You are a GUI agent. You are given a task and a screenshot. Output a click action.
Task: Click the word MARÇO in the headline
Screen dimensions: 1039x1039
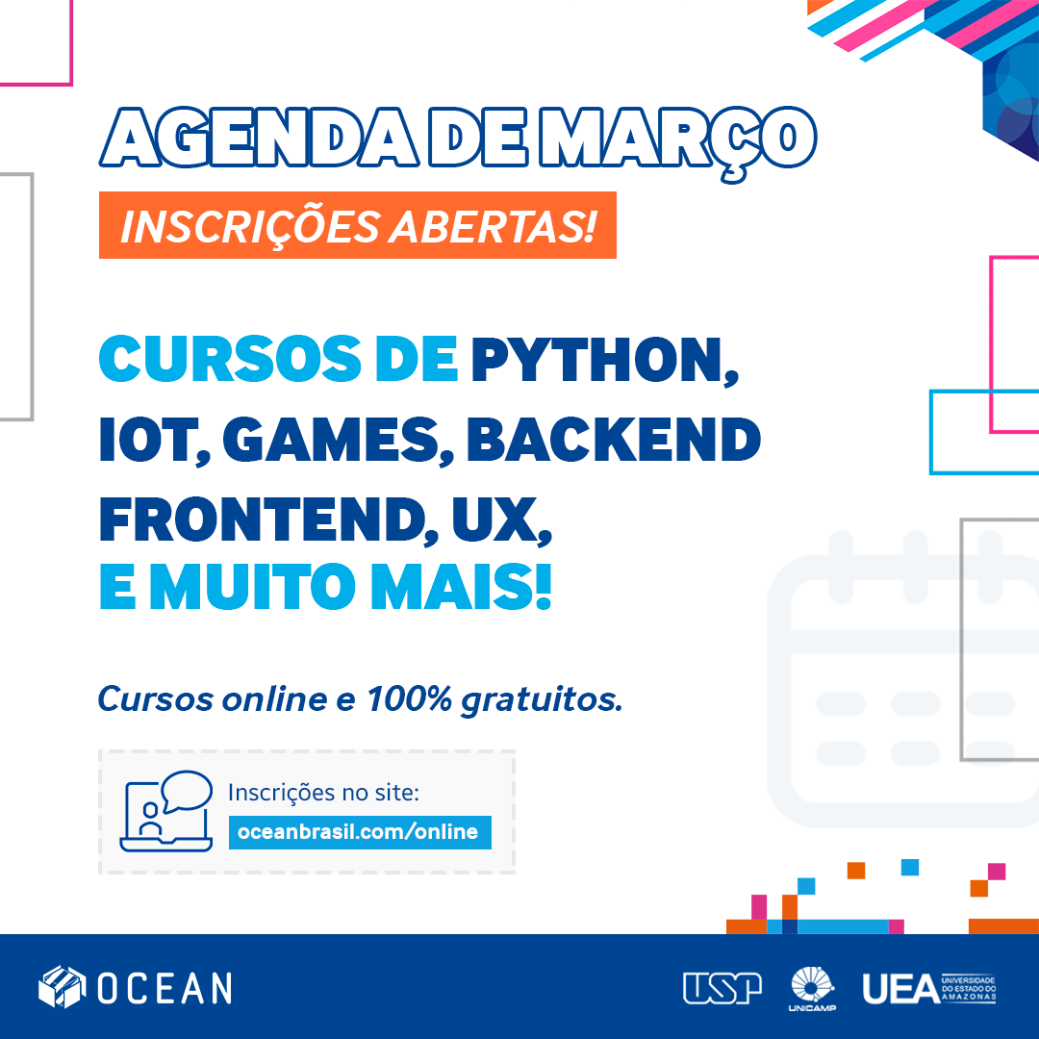tap(677, 139)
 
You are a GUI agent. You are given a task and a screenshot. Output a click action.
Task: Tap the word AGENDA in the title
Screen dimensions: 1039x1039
tap(260, 138)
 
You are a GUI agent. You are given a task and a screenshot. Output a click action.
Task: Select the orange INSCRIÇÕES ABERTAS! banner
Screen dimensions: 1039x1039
tap(358, 225)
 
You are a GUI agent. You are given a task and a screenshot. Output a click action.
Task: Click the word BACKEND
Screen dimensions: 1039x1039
tap(614, 440)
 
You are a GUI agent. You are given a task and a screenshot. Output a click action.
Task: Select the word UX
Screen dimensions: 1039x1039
tap(501, 521)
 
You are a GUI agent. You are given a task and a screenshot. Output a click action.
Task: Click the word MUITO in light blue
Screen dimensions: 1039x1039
tap(252, 587)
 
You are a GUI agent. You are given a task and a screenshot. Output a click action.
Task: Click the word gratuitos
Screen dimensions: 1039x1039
tap(542, 700)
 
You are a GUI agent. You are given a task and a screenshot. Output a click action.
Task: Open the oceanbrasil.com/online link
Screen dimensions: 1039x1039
tap(360, 832)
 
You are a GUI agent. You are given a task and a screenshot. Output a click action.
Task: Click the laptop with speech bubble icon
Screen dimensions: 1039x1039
tap(166, 811)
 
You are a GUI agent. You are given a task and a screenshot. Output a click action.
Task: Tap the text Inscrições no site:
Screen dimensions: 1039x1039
tap(323, 793)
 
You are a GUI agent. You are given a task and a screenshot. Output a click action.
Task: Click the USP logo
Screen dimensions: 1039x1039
tap(722, 988)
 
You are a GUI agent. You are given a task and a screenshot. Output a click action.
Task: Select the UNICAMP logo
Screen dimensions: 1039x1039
tap(812, 989)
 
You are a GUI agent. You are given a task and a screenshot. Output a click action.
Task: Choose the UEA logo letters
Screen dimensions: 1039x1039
tap(901, 989)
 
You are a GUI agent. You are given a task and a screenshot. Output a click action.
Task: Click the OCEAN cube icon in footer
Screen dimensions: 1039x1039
tap(63, 987)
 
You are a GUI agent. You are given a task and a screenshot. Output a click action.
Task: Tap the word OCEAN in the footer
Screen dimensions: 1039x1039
tap(165, 988)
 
